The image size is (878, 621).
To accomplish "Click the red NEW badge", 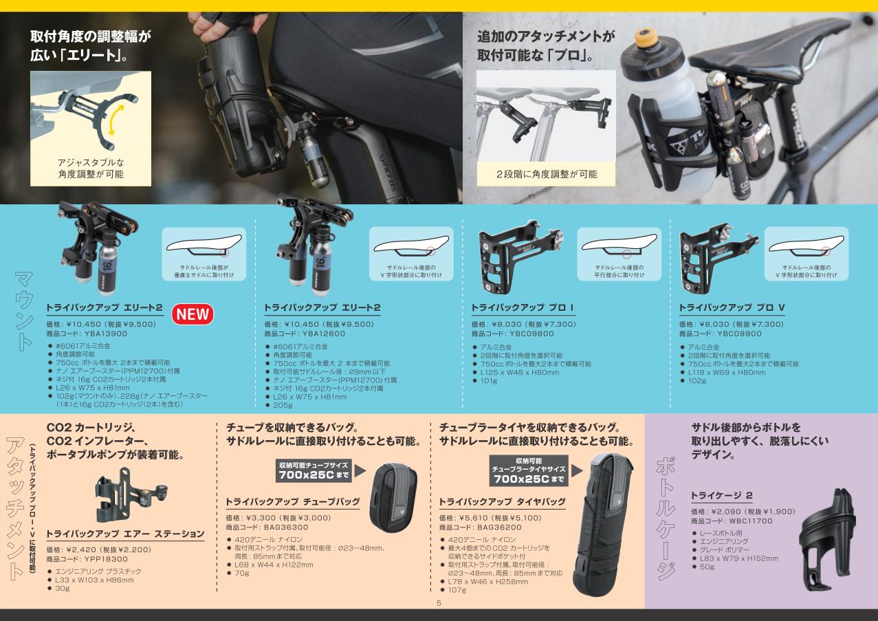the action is (193, 314).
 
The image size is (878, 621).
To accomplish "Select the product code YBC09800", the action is (531, 334).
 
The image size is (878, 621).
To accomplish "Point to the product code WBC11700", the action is (751, 521).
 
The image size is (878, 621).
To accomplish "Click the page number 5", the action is (439, 603).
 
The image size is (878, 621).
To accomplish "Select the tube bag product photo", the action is (393, 497).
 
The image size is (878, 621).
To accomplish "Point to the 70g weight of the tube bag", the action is (242, 573).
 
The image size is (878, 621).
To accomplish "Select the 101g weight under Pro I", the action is (489, 381).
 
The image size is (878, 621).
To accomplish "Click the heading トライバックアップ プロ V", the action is (732, 308).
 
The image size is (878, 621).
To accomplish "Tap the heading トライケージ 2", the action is (722, 496).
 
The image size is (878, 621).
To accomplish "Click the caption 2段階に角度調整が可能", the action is (547, 174).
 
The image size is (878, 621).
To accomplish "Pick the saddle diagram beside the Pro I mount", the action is (619, 254).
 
